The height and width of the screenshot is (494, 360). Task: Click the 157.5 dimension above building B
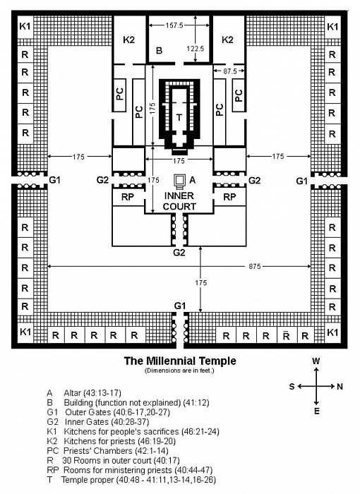[174, 25]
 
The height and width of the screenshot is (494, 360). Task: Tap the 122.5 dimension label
[196, 49]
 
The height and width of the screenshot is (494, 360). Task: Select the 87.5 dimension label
[230, 71]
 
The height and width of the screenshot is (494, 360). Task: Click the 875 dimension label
[254, 267]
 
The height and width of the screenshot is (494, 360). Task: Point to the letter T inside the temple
[179, 118]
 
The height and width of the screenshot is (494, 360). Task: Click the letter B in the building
[160, 50]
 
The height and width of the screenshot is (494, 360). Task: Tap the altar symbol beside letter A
[180, 180]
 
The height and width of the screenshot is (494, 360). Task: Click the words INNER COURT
[179, 201]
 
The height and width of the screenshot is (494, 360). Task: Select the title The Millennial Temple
[180, 361]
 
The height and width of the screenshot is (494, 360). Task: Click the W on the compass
[316, 361]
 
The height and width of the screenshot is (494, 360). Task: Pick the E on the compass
[316, 411]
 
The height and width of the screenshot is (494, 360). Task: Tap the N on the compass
[340, 386]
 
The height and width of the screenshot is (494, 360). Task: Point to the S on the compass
[292, 386]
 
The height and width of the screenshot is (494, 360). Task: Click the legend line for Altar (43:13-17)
[84, 393]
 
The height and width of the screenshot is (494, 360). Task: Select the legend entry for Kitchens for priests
[112, 441]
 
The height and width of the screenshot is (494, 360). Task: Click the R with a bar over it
[286, 335]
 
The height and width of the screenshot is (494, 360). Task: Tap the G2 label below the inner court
[179, 253]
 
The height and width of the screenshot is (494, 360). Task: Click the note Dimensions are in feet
[179, 370]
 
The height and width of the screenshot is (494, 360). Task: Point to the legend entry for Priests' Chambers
[107, 451]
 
